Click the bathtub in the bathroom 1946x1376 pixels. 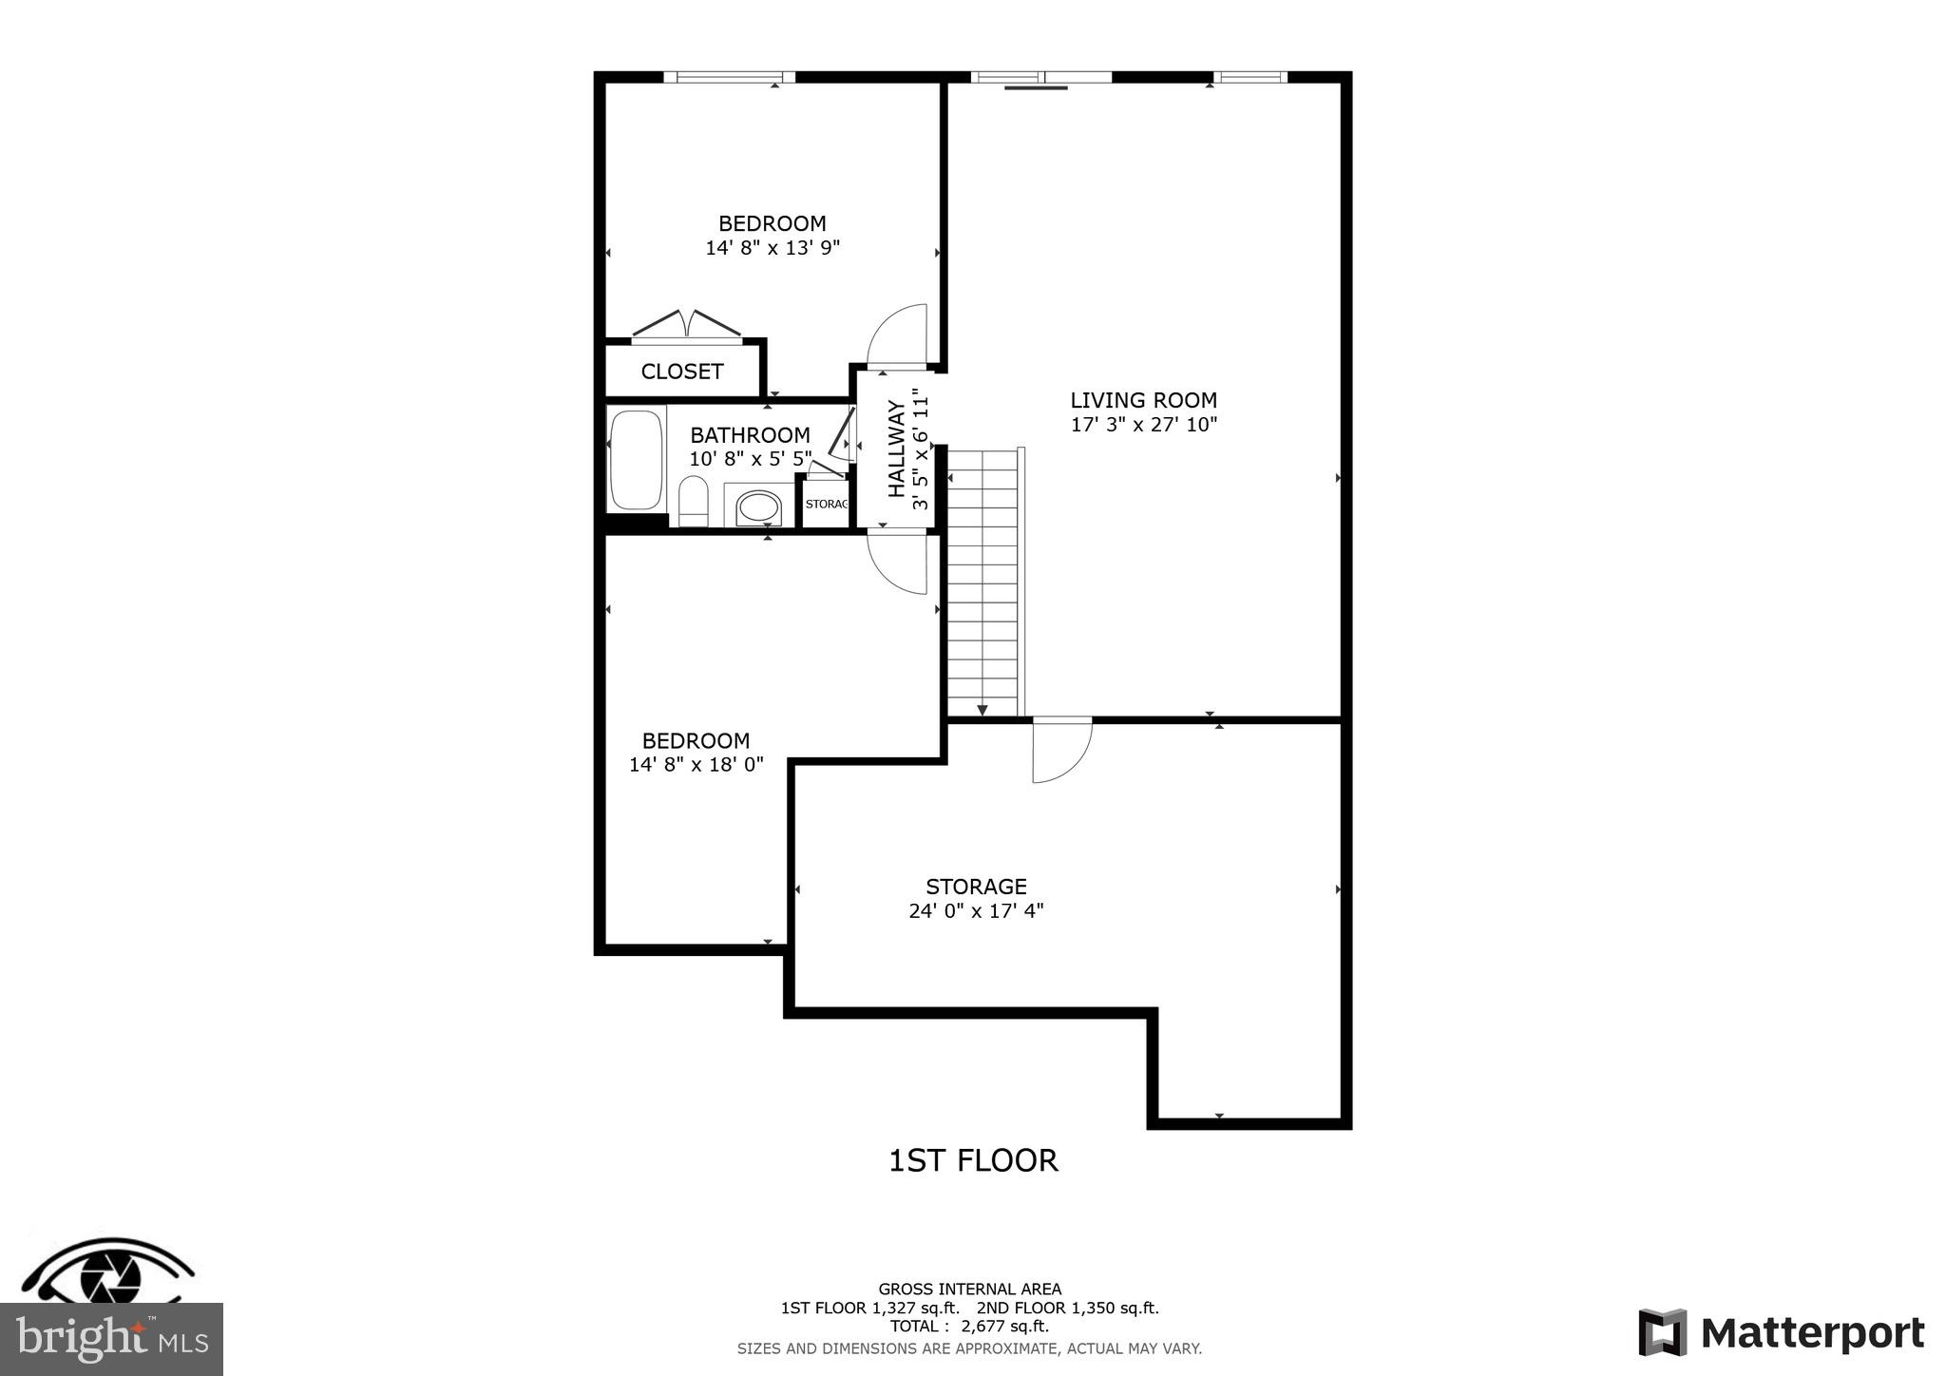click(636, 460)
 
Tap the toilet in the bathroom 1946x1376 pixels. click(694, 501)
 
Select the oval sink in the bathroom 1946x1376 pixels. click(758, 506)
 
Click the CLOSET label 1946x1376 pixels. click(682, 372)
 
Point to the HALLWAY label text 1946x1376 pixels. click(896, 449)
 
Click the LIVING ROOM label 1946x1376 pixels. click(1143, 400)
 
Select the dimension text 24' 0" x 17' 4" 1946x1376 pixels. click(976, 911)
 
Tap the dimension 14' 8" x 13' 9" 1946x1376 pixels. click(773, 248)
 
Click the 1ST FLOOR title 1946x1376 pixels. click(973, 1160)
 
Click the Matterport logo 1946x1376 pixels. click(1781, 1332)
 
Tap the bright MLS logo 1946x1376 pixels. click(112, 1339)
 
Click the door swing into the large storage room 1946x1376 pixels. click(1061, 751)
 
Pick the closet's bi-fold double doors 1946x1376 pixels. click(686, 324)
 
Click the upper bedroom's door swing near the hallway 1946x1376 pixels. click(898, 335)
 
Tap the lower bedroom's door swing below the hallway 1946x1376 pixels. click(899, 563)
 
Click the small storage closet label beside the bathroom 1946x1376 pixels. click(826, 504)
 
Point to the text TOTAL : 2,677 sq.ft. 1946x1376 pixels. click(969, 1327)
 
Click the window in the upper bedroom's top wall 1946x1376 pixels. click(729, 77)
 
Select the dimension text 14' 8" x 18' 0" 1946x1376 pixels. click(696, 765)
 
